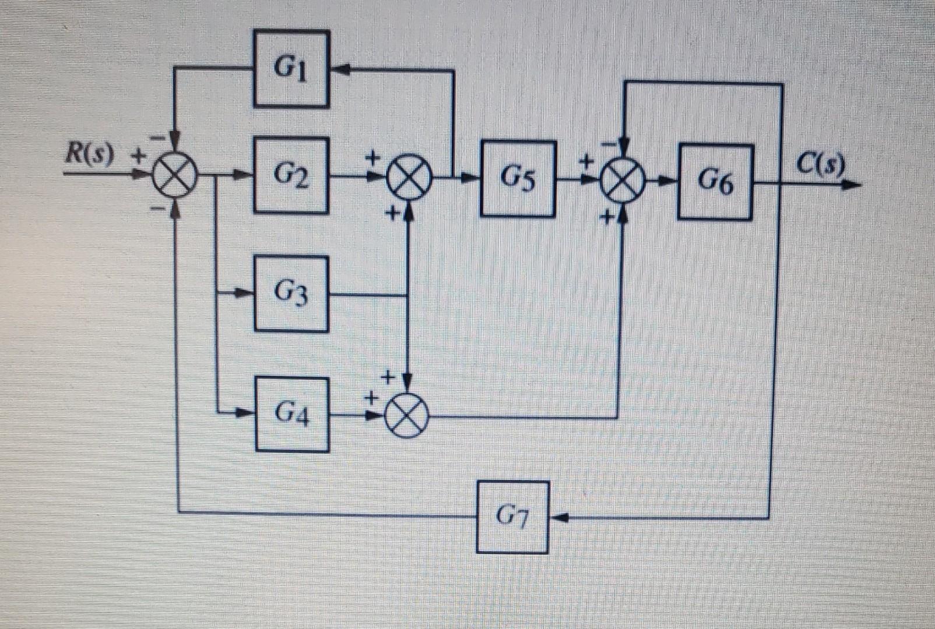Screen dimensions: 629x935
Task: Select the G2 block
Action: click(291, 175)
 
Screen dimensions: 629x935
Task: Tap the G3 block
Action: click(291, 294)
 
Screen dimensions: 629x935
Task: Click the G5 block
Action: click(518, 179)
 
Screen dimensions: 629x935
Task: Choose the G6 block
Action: click(715, 182)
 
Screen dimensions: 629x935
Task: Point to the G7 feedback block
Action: click(512, 517)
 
